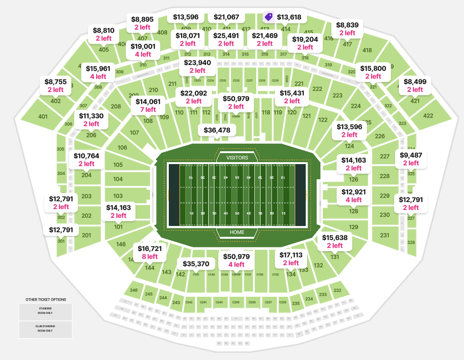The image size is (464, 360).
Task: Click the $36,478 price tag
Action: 217,130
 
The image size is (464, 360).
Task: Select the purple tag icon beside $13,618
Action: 269,17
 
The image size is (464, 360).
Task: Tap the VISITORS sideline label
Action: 237,157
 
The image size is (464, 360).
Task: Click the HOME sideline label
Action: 237,232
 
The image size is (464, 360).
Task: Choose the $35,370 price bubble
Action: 196,264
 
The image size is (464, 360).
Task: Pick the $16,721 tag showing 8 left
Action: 150,252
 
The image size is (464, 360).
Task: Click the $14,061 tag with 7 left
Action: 148,105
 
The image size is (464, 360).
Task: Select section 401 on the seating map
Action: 43,117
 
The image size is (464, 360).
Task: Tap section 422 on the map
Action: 428,115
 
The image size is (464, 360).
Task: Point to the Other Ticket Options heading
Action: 46,300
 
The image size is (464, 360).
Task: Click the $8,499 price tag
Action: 415,85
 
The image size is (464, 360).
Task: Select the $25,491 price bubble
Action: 226,39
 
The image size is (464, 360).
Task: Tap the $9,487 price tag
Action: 411,159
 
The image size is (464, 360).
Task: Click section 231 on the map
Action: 385,235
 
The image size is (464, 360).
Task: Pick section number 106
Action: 123,147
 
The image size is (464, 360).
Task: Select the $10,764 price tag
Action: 87,159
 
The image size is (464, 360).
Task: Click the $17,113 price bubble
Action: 291,259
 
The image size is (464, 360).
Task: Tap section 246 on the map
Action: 134,290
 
